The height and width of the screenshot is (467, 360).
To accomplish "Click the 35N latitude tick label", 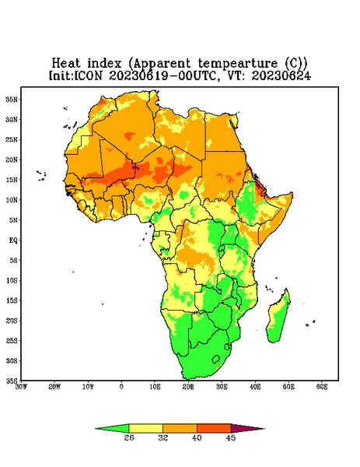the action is click(12, 100).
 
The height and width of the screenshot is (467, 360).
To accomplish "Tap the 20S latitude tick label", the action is click(12, 321).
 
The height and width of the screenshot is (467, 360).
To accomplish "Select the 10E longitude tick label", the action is click(155, 387).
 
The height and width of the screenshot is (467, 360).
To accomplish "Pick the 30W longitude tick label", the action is click(21, 387).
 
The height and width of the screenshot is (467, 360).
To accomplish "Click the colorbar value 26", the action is click(129, 437).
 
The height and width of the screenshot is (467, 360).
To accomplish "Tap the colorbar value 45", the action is click(231, 437).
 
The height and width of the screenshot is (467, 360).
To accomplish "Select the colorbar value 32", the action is click(163, 437).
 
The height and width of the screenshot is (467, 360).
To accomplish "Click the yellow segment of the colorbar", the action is click(145, 428).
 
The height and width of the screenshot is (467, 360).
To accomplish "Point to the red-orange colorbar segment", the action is click(214, 428).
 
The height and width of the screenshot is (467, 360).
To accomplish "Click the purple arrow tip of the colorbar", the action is click(264, 429).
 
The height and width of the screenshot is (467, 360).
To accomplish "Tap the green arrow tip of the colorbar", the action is click(96, 429).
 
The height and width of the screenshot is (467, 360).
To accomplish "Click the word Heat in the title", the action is click(66, 64).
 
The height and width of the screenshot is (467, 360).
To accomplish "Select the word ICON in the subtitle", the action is click(88, 75).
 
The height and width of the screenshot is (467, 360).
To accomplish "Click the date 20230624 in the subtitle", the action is click(281, 75).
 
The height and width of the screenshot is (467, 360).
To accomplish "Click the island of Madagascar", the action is click(279, 318).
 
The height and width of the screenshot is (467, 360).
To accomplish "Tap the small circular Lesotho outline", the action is click(215, 359).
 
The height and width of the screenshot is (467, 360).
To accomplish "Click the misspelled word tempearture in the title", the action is click(237, 64).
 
